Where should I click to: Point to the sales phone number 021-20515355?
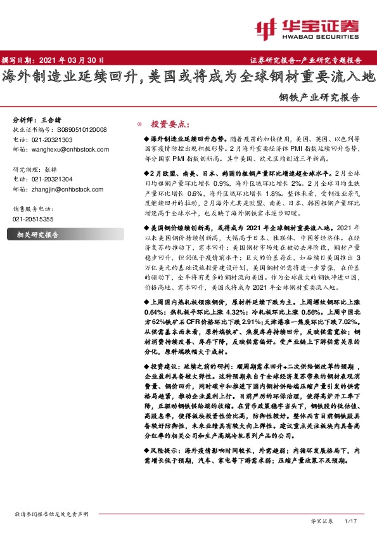click(x=34, y=219)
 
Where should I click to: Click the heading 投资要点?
click(x=169, y=124)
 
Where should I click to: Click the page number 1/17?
click(x=350, y=521)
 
